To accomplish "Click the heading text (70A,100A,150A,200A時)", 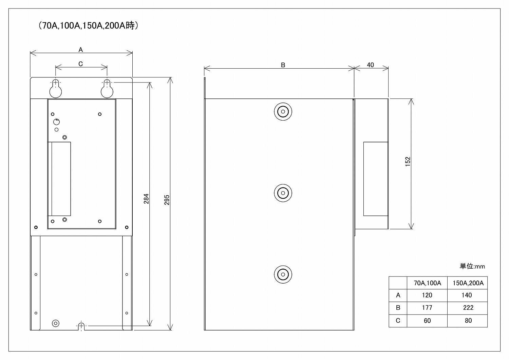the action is [x=88, y=25].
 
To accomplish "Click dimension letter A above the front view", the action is [x=81, y=50].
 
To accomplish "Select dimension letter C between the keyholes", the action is [x=81, y=64].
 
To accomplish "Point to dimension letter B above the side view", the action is [x=283, y=65].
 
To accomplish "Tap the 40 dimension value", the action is [x=371, y=65].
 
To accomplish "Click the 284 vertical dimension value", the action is [x=146, y=199].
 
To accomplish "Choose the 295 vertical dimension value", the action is [x=167, y=200].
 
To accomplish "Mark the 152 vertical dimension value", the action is [x=408, y=162].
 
